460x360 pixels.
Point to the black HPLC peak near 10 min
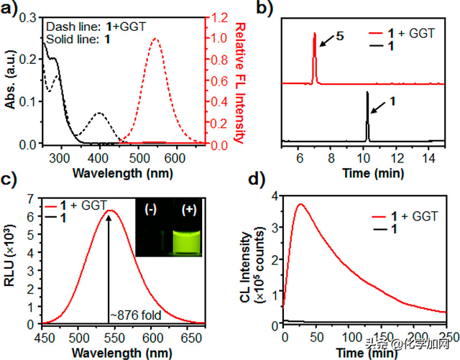(x=367, y=94)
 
